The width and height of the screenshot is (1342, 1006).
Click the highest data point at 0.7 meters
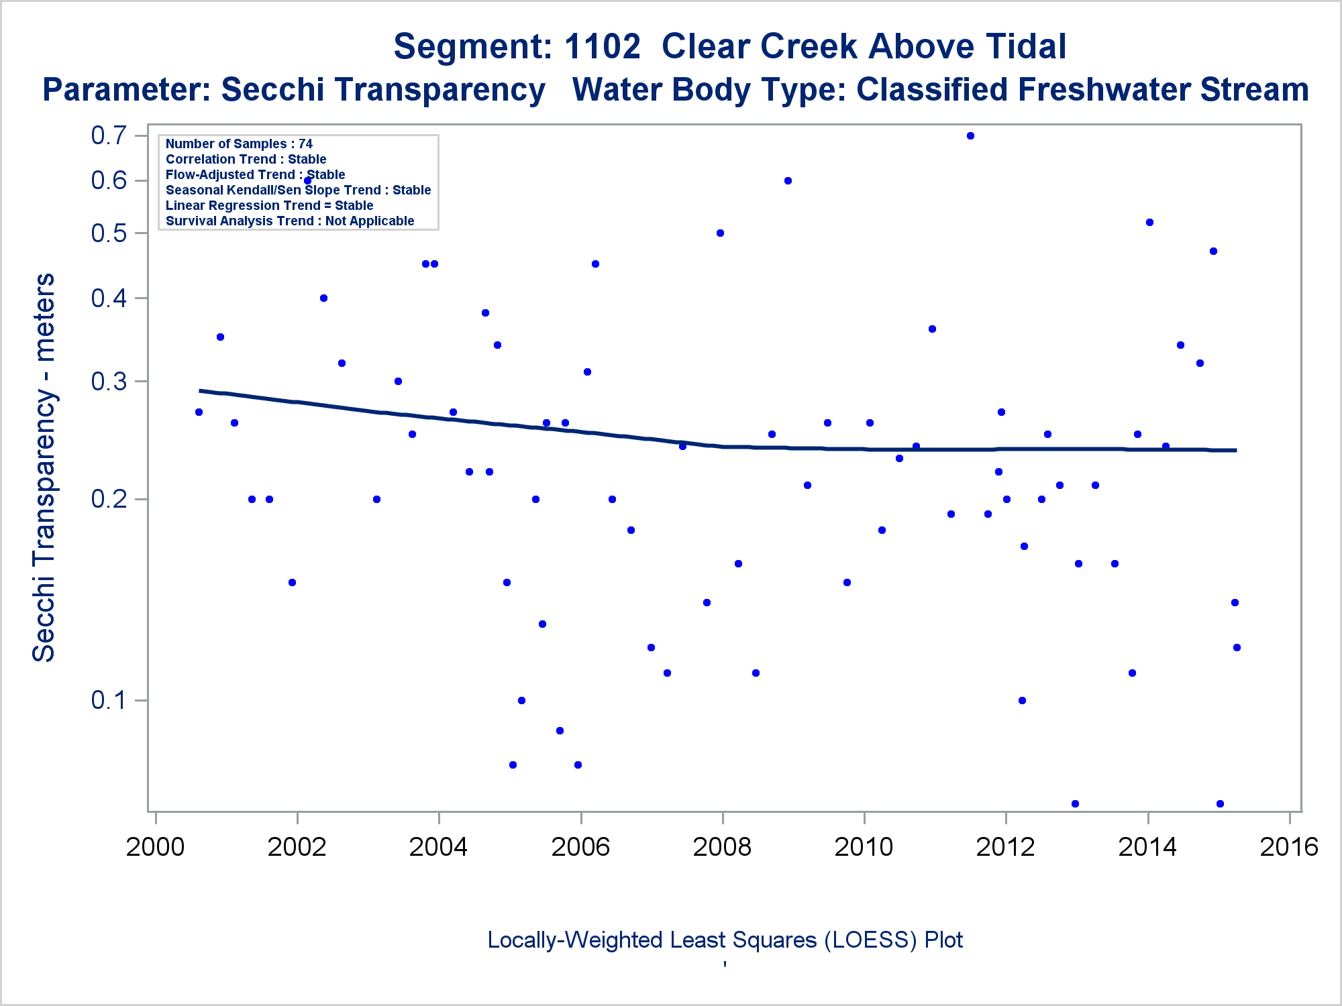[x=970, y=135]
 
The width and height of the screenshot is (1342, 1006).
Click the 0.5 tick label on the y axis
[x=109, y=233]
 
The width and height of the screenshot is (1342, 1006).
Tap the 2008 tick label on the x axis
[x=722, y=847]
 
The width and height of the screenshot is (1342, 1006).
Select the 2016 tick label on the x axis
[x=1289, y=847]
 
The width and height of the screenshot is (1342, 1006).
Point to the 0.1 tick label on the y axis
[x=109, y=700]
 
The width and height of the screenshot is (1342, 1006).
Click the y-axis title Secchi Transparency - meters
[x=44, y=467]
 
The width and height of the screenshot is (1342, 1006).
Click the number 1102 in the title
[x=602, y=46]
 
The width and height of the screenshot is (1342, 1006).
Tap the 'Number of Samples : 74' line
[x=239, y=144]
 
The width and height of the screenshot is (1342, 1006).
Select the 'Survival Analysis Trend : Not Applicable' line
[x=290, y=221]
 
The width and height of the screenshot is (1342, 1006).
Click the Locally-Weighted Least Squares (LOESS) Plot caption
[x=725, y=940]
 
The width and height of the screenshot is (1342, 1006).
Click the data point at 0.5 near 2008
[x=720, y=233]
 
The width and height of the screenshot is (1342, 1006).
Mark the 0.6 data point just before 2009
[x=788, y=180]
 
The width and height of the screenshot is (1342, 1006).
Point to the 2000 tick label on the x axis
[x=155, y=847]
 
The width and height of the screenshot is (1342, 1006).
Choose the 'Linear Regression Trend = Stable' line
[x=269, y=205]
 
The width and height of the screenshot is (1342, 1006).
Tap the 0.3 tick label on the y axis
[x=109, y=381]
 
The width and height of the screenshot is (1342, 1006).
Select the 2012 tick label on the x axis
[x=1005, y=847]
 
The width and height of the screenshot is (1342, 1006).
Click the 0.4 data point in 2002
[x=323, y=298]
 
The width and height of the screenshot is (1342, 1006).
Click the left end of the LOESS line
[x=200, y=390]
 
